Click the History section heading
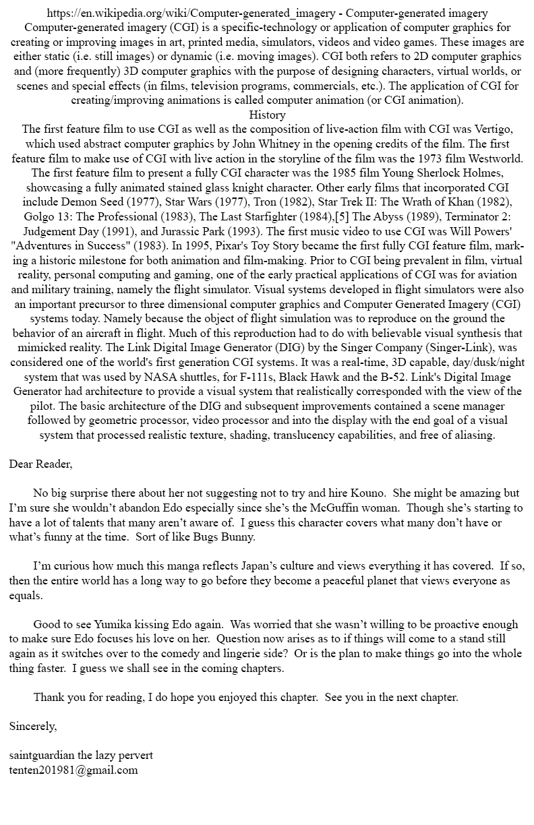tap(267, 115)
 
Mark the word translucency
tap(287, 435)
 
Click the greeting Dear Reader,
tap(40, 464)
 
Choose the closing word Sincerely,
tap(33, 727)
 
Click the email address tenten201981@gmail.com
tap(73, 770)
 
